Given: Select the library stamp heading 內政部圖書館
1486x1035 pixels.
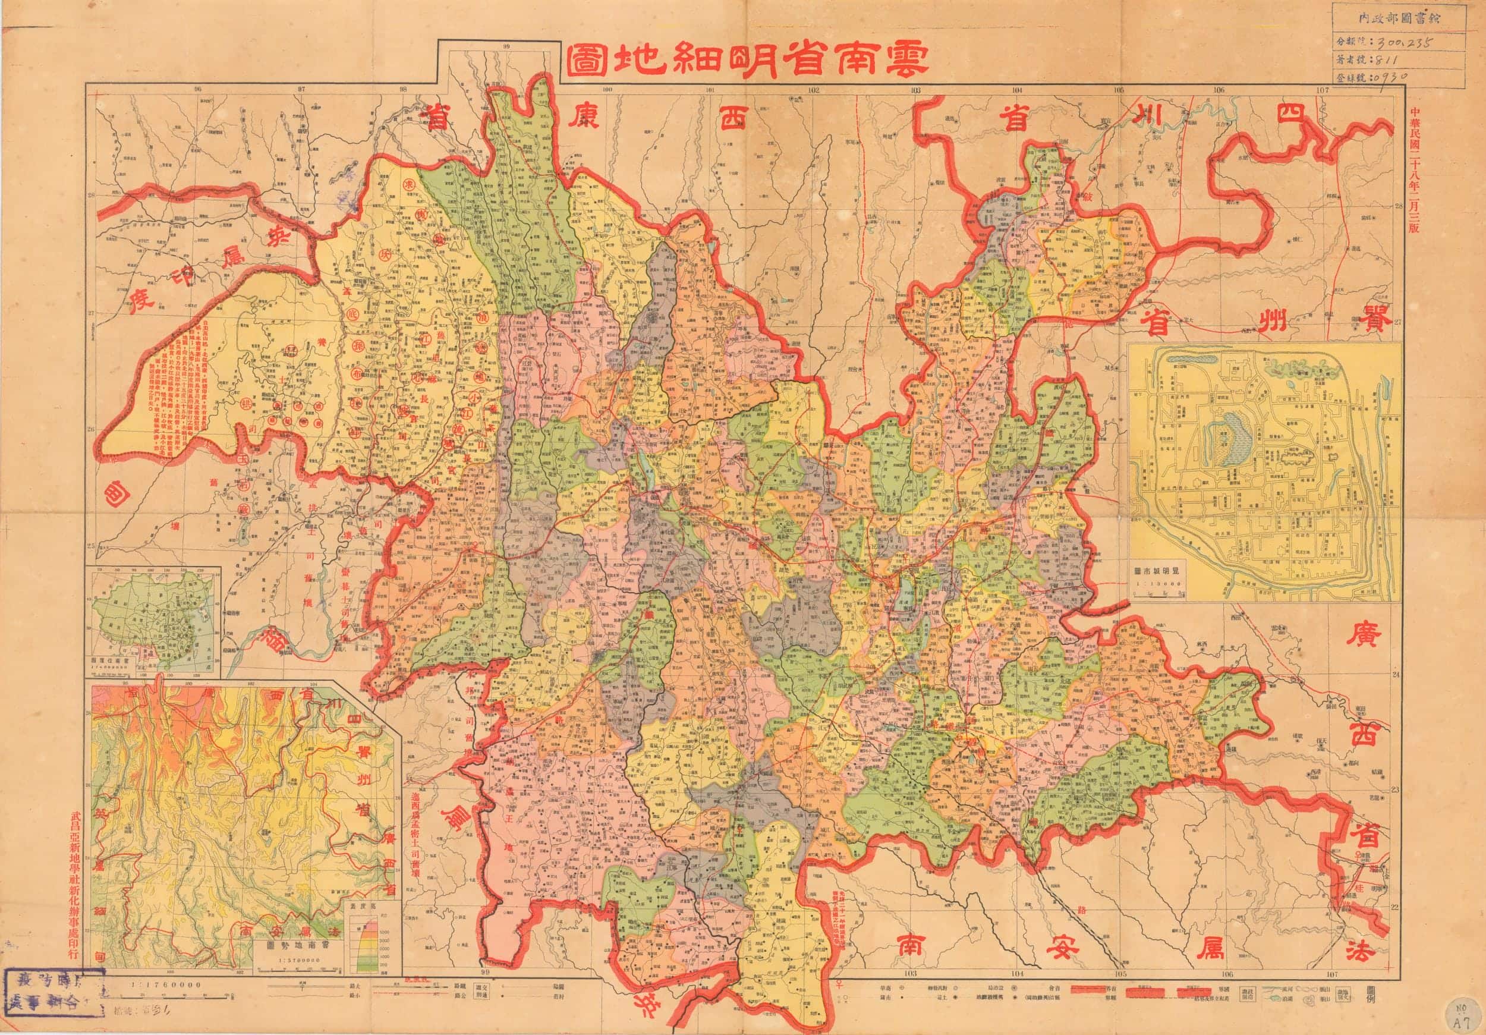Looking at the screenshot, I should (1382, 20).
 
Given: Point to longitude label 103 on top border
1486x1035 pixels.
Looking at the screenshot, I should (915, 90).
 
